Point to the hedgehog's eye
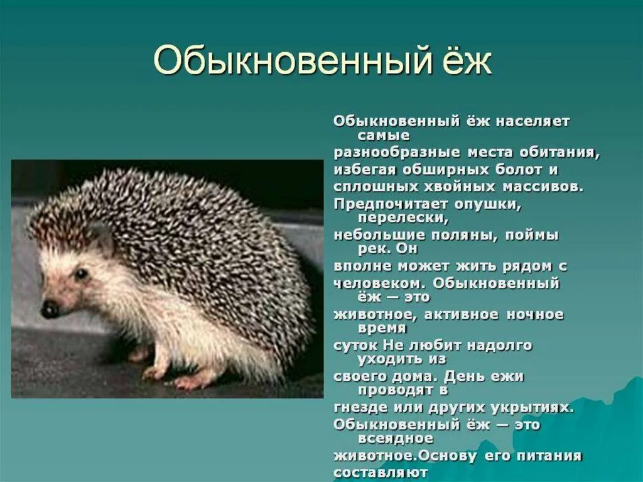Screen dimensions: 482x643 click(x=81, y=273)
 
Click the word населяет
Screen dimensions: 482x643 click(x=533, y=121)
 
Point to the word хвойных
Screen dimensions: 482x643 click(x=460, y=187)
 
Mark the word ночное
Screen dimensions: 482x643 click(x=536, y=314)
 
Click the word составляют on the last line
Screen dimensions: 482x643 click(x=381, y=472)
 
